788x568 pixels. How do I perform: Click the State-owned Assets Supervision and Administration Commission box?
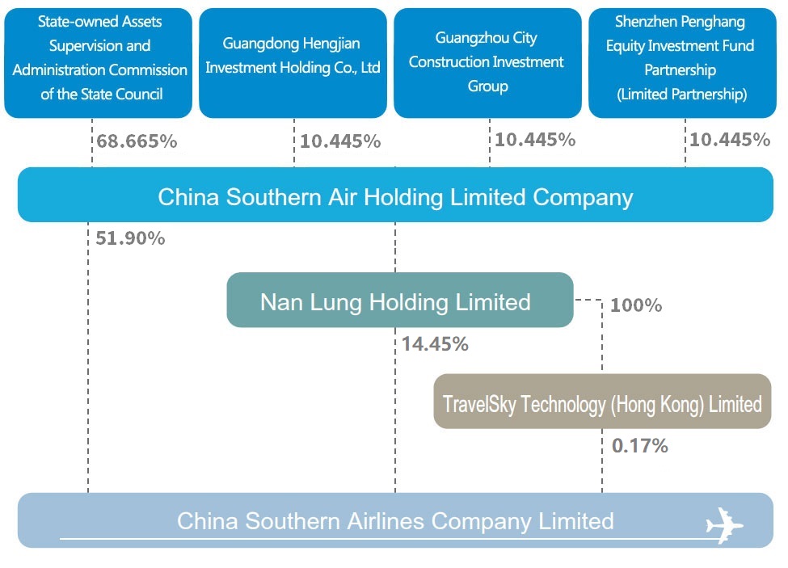click(x=98, y=63)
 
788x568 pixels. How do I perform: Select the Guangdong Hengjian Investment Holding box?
click(x=293, y=63)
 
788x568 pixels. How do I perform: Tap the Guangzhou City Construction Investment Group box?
click(x=487, y=63)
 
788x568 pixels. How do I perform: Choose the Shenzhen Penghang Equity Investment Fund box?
click(x=682, y=63)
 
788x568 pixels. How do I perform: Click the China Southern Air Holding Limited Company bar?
click(x=395, y=195)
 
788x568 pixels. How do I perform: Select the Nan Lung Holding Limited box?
click(x=400, y=300)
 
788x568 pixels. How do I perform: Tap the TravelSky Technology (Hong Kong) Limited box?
click(x=602, y=402)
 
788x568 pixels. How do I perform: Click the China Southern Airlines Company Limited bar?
click(x=395, y=520)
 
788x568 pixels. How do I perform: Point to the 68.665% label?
click(x=137, y=141)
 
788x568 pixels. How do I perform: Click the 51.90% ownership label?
click(x=130, y=238)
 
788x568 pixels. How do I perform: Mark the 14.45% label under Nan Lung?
click(x=435, y=344)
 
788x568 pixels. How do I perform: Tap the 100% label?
click(x=636, y=305)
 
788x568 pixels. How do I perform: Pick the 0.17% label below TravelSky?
click(x=640, y=445)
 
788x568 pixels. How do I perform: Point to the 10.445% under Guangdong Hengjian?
click(x=340, y=141)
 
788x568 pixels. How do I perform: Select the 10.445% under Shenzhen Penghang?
click(x=730, y=140)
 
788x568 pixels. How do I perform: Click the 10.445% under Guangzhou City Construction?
click(x=535, y=140)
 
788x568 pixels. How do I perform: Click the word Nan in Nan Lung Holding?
click(x=281, y=302)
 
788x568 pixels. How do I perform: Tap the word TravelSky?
click(x=479, y=405)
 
